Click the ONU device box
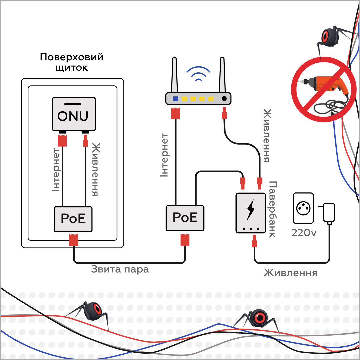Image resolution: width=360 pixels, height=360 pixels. pos(74,114)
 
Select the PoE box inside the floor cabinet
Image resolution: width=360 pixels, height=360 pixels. pos(73,219)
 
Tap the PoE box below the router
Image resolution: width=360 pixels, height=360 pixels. pos(185,218)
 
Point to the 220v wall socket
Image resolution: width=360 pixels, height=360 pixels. pos(303,208)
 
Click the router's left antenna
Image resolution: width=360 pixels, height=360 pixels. pos(174,75)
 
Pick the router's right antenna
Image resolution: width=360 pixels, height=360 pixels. pos(222,75)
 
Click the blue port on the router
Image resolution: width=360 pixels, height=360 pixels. pos(175,99)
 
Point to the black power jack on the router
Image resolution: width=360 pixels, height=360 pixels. pos(224,99)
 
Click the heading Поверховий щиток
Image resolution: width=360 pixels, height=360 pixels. pos(71,62)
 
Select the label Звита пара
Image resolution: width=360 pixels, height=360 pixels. pos(120,269)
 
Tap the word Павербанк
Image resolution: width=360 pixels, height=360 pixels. pos(272,209)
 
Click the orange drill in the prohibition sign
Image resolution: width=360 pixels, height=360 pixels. pos(325,85)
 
